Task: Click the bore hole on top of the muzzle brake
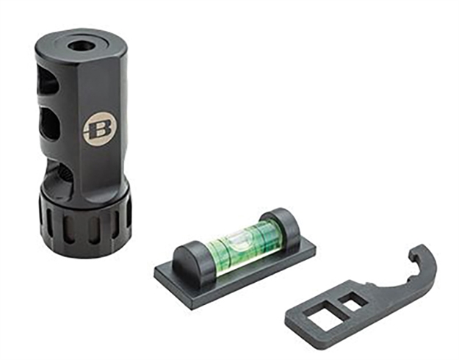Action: (x=80, y=47)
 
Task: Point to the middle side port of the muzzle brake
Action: (x=53, y=123)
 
